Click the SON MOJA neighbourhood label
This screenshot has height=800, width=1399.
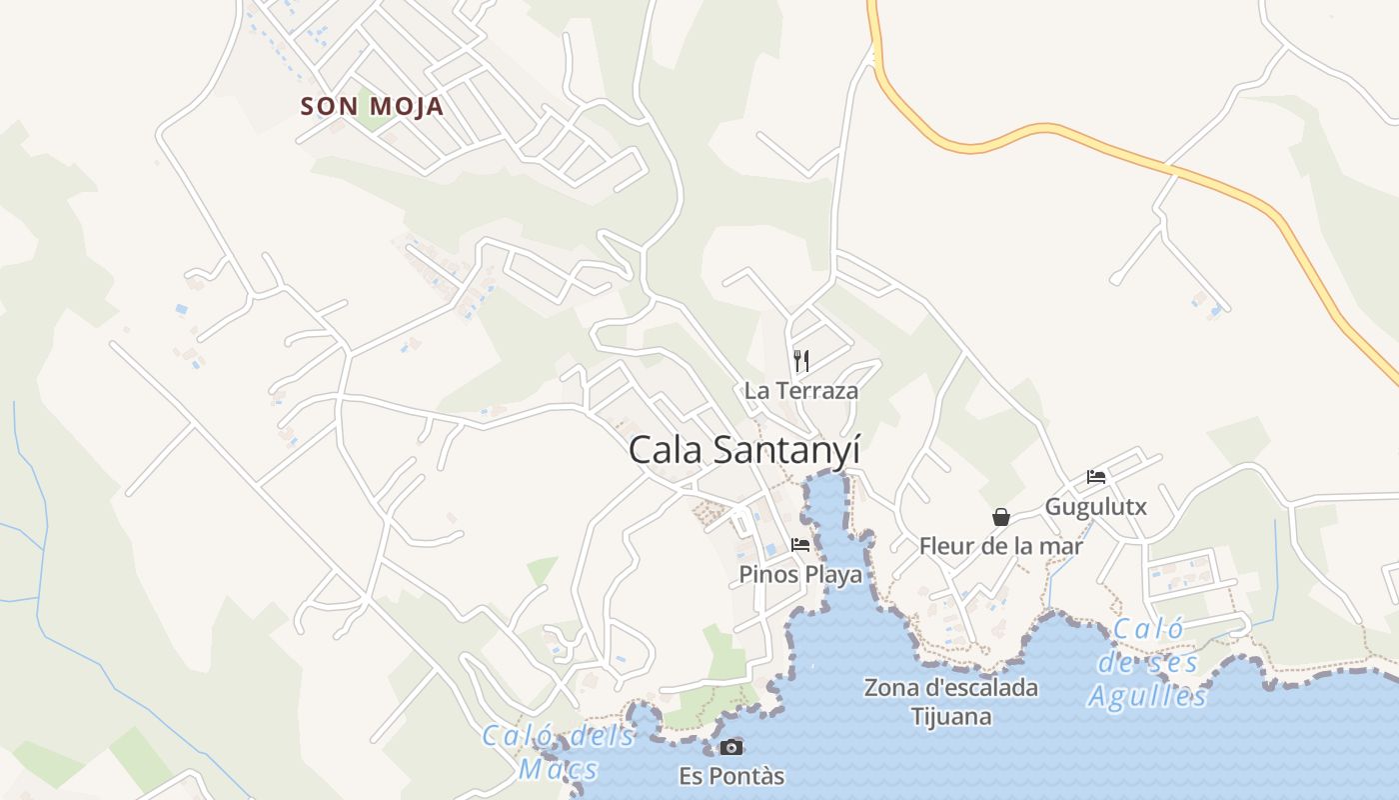click(372, 106)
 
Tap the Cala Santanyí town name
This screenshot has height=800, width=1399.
click(743, 450)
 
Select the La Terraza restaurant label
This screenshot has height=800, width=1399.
click(800, 390)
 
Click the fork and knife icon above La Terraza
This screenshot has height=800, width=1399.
click(800, 360)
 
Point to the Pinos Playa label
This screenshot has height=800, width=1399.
click(799, 574)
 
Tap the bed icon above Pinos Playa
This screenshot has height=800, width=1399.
click(800, 545)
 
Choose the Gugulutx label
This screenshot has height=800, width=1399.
click(1095, 506)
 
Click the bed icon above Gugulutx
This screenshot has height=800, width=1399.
click(1096, 477)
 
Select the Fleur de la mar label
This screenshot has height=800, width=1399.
click(1000, 546)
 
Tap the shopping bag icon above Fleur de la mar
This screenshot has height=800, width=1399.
click(1000, 517)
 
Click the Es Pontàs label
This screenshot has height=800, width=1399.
click(731, 776)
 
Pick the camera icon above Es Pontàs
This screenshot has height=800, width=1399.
click(731, 747)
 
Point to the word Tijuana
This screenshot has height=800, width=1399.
click(950, 716)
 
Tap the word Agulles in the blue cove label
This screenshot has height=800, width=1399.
click(1147, 696)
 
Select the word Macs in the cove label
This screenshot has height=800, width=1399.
click(558, 770)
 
